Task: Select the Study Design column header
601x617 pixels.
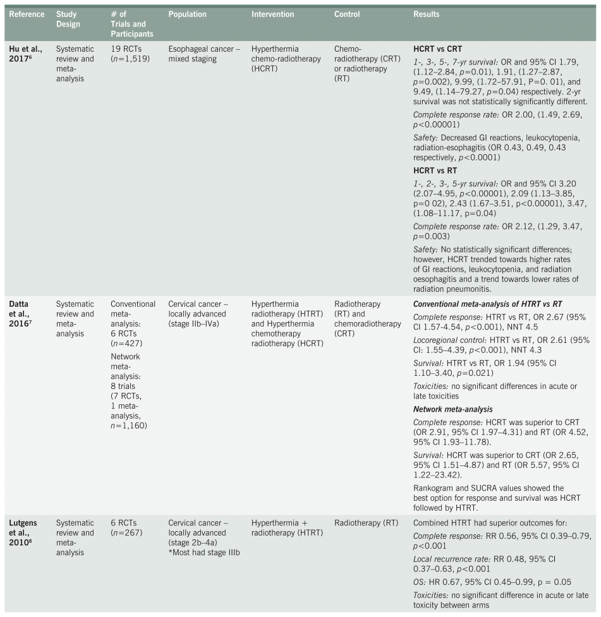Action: [69, 19]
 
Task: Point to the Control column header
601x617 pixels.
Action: [347, 14]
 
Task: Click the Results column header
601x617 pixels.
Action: [427, 14]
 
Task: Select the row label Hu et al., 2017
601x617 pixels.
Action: [25, 54]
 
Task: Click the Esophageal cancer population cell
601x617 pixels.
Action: [204, 53]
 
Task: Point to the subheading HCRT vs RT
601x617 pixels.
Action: [435, 171]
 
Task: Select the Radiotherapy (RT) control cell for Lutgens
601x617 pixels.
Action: [366, 523]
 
